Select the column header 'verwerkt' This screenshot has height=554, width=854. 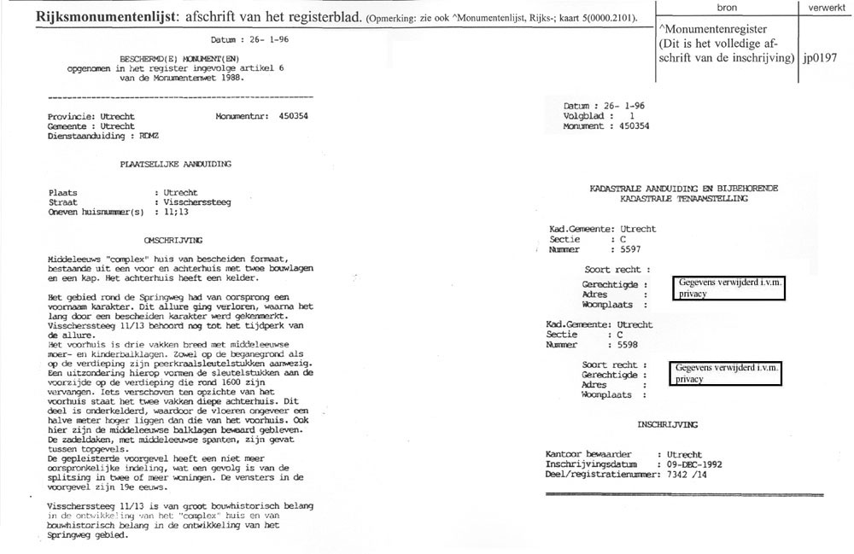(x=826, y=7)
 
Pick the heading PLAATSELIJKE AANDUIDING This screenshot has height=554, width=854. (x=175, y=163)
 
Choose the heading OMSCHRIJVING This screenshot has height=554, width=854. (x=173, y=241)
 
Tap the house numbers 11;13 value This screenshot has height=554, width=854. (x=174, y=212)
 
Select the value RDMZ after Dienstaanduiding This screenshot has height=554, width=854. (x=149, y=135)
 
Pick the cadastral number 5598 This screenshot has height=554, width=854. (x=630, y=344)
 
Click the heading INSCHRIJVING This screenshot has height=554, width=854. (x=667, y=424)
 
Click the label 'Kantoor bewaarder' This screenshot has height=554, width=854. (x=588, y=454)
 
